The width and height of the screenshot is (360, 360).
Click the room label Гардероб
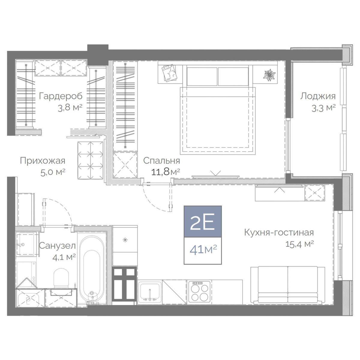[61, 97]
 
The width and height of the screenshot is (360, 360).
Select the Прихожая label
[43, 161]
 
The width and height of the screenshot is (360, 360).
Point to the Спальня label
[162, 161]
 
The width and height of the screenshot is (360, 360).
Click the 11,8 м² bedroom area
[166, 172]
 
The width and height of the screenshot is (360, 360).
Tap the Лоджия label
[318, 97]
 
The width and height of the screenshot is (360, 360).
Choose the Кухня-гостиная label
[279, 232]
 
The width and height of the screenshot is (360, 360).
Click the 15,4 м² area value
[299, 244]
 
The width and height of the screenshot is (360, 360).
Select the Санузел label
[57, 246]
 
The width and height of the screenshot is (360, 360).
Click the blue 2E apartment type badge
[203, 222]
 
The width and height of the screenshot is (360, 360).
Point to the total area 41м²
[203, 250]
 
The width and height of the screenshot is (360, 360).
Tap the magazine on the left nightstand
[169, 73]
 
